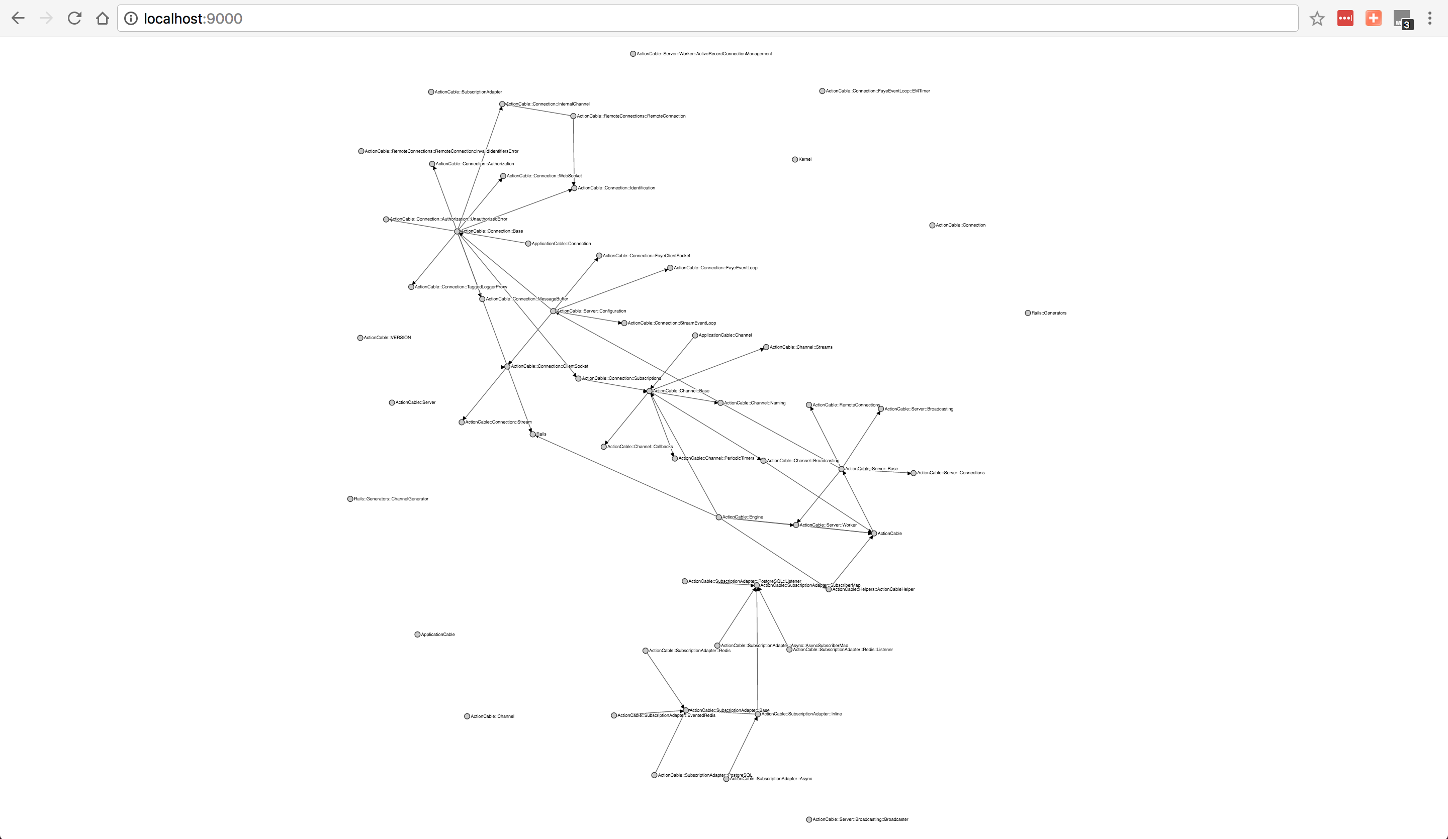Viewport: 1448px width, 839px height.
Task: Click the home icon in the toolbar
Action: [102, 19]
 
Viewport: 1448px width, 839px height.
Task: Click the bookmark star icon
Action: [1317, 19]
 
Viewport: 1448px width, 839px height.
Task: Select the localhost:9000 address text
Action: [193, 19]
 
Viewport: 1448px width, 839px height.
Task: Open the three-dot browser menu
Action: [1429, 19]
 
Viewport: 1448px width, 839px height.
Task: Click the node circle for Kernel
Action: [795, 160]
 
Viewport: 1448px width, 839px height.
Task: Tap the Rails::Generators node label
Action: [1049, 313]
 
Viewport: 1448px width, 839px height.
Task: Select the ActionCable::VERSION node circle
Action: [360, 338]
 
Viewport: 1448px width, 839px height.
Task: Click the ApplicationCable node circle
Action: [417, 635]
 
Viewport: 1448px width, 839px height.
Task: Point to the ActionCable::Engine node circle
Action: [718, 517]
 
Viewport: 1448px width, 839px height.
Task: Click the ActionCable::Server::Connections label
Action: [950, 473]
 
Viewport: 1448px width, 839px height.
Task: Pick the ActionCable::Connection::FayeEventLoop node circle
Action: [670, 268]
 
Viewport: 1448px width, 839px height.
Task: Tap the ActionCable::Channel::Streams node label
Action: [801, 348]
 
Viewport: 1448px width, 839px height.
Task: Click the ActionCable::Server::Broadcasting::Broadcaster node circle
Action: [809, 819]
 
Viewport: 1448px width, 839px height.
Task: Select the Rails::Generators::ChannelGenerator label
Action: [391, 499]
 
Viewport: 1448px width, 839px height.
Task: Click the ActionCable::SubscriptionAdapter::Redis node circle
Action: [645, 651]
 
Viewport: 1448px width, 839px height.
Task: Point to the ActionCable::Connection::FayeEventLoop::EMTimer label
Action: [877, 91]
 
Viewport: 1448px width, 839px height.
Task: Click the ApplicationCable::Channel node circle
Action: [695, 336]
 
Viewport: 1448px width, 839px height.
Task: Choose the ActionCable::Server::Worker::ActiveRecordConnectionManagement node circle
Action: [632, 54]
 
